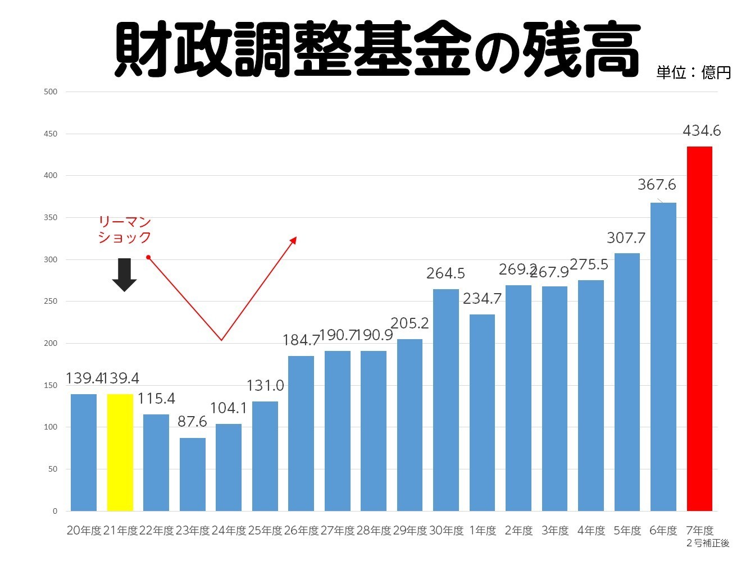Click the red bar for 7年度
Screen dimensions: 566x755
click(699, 328)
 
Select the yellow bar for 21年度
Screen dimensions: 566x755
click(120, 452)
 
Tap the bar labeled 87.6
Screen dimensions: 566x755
click(193, 474)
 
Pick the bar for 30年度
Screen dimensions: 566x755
click(446, 400)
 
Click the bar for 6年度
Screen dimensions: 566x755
click(663, 357)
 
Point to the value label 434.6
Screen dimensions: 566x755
click(702, 131)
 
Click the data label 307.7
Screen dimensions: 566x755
click(626, 238)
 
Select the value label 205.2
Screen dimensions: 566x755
click(410, 323)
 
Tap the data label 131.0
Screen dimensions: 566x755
click(265, 386)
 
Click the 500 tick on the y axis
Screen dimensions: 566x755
click(51, 92)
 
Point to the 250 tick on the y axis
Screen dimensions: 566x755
click(51, 302)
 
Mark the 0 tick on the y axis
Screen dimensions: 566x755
click(55, 511)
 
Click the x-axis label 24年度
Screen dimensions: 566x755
click(229, 531)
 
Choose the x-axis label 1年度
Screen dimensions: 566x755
click(483, 531)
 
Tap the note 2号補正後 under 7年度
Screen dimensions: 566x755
click(708, 543)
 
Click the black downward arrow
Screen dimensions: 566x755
click(124, 275)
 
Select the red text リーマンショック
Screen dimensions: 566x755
click(125, 230)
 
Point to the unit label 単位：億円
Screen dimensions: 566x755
click(693, 72)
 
